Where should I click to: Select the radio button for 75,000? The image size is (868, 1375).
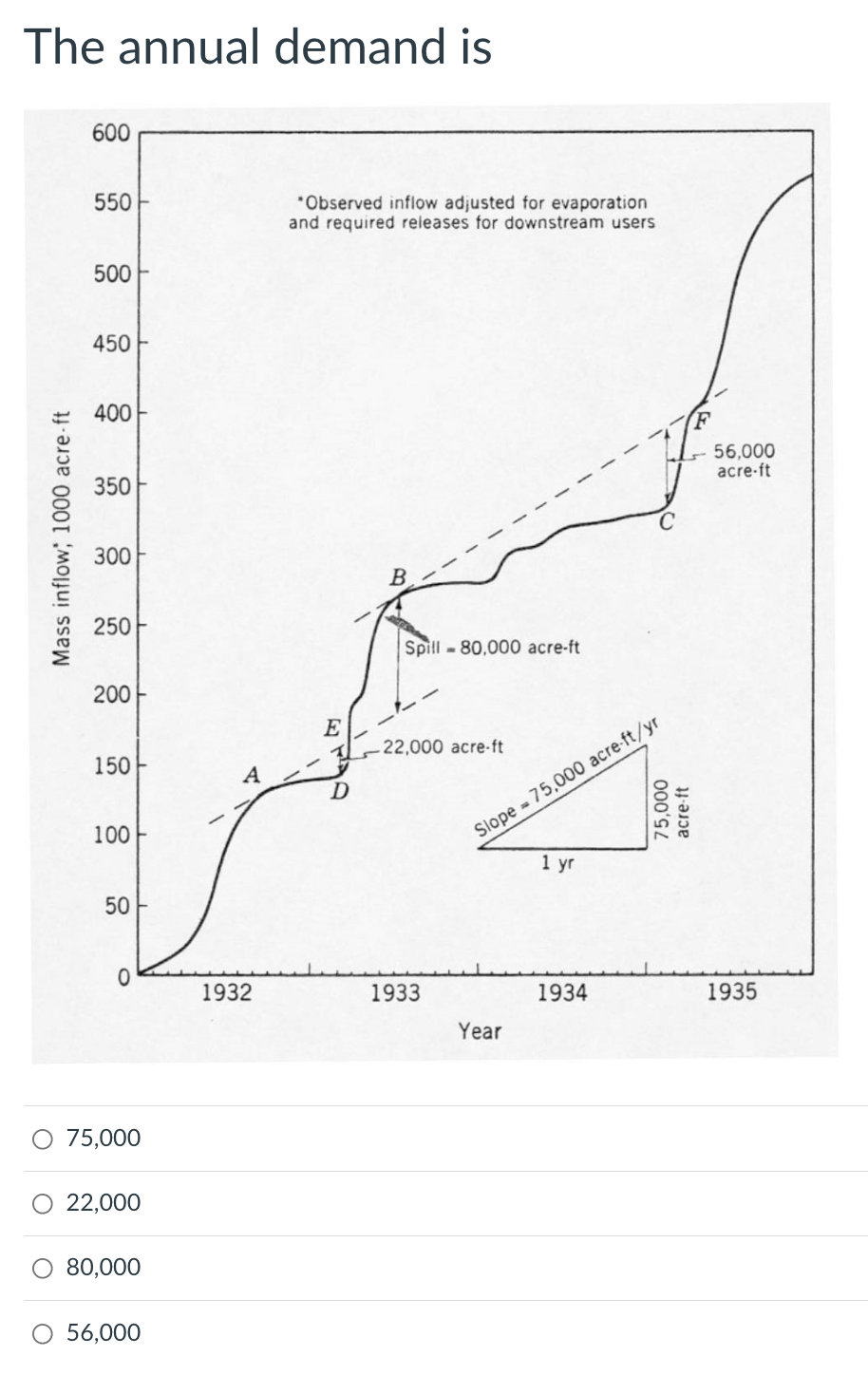43,1138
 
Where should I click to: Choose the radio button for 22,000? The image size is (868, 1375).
43,1203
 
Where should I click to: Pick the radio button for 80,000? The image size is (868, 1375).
43,1268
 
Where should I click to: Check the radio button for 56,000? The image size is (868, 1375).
43,1333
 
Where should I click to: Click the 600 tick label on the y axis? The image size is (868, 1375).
111,133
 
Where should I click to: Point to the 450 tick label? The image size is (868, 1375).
111,343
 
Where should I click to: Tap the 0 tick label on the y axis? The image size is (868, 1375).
123,975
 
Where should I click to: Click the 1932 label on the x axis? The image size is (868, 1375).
227,993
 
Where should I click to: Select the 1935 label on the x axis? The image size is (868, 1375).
732,993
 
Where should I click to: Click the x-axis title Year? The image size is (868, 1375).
480,1030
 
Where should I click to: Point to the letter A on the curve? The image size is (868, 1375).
252,775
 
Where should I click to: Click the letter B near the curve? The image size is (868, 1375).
399,576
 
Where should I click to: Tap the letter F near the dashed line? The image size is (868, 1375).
702,419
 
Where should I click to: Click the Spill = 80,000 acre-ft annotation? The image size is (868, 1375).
492,648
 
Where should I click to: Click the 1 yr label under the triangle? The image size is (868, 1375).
557,863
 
